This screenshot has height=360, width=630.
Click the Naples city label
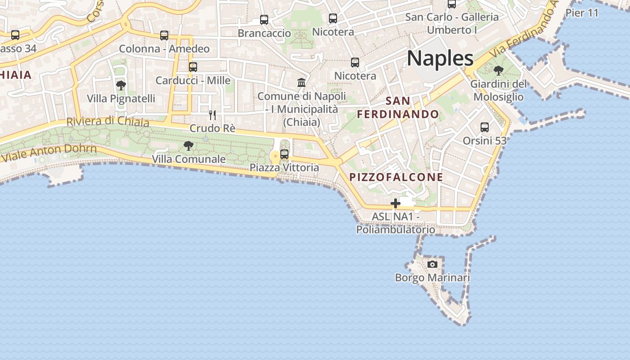440,58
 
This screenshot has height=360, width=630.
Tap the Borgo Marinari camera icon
432,264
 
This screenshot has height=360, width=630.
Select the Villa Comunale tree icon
189,146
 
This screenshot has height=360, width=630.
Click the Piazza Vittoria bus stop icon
284,154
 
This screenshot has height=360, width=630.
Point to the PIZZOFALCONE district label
396,177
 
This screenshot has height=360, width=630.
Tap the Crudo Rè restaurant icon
212,115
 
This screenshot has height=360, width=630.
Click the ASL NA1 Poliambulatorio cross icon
396,203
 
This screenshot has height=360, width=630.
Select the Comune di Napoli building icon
301,83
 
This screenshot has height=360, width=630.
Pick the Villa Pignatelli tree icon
121,85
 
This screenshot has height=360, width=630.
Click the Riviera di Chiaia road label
108,121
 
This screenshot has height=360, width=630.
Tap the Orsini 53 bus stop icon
485,127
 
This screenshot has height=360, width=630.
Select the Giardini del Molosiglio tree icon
498,71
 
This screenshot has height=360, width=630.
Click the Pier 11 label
582,13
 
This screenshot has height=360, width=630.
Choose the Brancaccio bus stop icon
264,20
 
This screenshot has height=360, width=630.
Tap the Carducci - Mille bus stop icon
193,67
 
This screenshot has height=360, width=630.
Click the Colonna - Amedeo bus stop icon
164,36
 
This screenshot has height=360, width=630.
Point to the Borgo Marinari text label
432,278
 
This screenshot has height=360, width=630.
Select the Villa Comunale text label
189,159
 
